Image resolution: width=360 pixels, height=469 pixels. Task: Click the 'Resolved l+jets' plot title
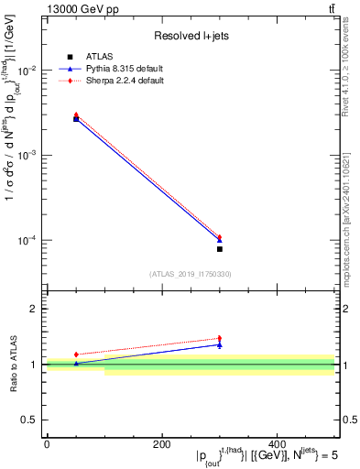click(x=191, y=36)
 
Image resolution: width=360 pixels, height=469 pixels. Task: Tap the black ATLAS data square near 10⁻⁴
click(x=219, y=249)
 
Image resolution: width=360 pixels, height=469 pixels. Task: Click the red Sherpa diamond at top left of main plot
click(x=76, y=115)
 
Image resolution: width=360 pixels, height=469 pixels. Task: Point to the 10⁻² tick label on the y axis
click(x=27, y=71)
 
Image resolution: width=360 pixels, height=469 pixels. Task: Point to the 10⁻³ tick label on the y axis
click(x=27, y=156)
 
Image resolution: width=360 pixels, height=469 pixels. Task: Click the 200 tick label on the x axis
click(x=162, y=444)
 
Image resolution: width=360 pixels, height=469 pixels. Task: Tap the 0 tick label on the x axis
click(x=47, y=444)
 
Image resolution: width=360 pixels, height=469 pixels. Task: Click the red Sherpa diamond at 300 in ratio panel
click(x=219, y=338)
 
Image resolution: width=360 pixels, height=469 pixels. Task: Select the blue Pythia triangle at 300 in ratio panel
click(x=219, y=344)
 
